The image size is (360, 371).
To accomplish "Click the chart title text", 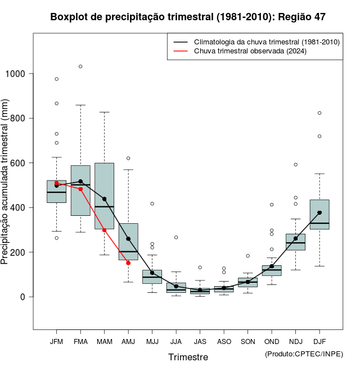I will pyautogui.click(x=188, y=17).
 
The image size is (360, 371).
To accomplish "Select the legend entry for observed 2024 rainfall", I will pyautogui.click(x=250, y=51).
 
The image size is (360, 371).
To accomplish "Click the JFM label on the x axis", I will pyautogui.click(x=56, y=341).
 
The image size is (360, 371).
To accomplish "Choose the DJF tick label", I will pyautogui.click(x=319, y=341).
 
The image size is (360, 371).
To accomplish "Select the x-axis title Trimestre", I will pyautogui.click(x=188, y=357).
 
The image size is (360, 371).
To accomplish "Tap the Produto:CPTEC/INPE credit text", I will pyautogui.click(x=304, y=353).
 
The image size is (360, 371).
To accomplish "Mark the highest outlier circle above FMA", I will pyautogui.click(x=80, y=66).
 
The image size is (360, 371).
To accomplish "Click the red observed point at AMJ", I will pyautogui.click(x=128, y=263).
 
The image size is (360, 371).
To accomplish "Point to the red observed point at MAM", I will pyautogui.click(x=105, y=230).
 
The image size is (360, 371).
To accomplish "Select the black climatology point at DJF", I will pyautogui.click(x=319, y=212).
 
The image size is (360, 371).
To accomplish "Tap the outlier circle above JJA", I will pyautogui.click(x=176, y=237).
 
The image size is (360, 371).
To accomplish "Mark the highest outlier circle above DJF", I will pyautogui.click(x=319, y=113).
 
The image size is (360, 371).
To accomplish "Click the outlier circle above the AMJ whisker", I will pyautogui.click(x=128, y=158).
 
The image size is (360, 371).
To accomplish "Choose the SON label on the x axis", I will pyautogui.click(x=247, y=341).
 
